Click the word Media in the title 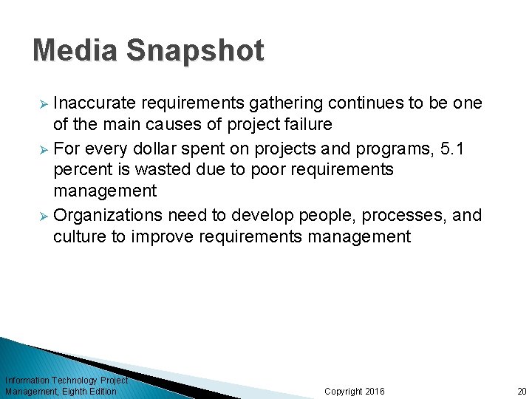point(75,51)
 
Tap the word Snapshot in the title point(195,51)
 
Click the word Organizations point(108,215)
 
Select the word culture point(77,237)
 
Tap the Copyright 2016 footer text point(355,391)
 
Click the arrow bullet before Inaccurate point(42,103)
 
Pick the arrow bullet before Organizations point(42,216)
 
